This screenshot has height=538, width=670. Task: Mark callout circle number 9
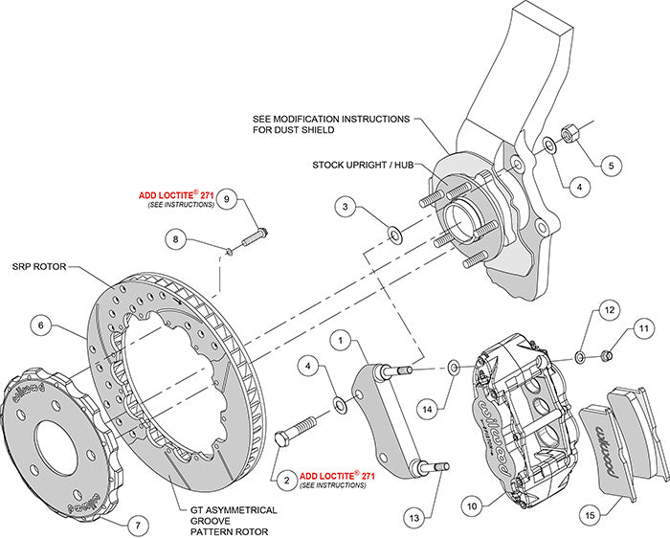(x=226, y=199)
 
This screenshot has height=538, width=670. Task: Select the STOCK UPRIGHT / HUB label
(x=358, y=165)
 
